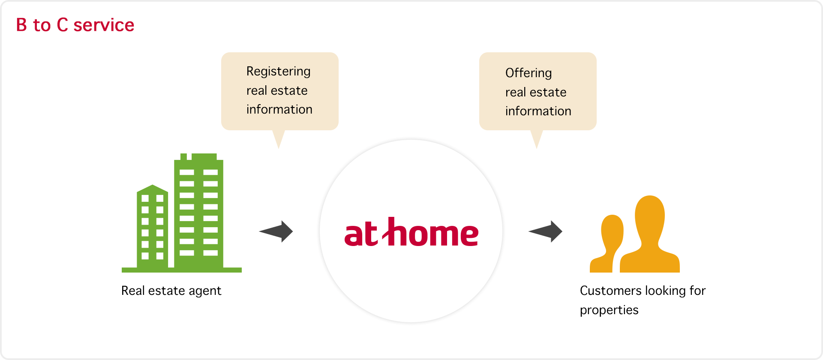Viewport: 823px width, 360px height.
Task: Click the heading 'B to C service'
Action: tap(75, 25)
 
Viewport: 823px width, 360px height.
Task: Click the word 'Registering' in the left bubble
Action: tap(279, 72)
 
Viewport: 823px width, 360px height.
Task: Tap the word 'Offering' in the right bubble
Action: tap(529, 73)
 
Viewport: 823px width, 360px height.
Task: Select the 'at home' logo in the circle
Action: tap(411, 232)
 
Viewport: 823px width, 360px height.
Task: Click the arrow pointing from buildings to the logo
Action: tap(276, 231)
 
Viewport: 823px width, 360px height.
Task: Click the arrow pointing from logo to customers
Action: tap(545, 231)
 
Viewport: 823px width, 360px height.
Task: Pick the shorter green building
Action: tap(152, 227)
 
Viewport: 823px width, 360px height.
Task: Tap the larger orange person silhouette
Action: tap(650, 234)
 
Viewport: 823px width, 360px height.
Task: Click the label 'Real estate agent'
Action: tap(171, 291)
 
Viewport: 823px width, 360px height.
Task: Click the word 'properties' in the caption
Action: tap(609, 310)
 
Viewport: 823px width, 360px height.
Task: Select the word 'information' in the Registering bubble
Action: tap(279, 110)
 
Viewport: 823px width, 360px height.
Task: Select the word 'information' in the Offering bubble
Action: tap(538, 111)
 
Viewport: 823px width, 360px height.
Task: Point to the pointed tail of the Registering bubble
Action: tap(279, 148)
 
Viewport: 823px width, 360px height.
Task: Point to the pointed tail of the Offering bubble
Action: tap(537, 148)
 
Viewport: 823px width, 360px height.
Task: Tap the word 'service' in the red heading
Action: tap(104, 25)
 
